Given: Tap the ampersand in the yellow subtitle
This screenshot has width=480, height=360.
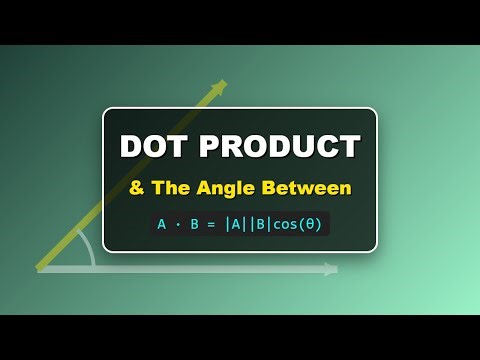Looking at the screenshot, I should [x=135, y=188].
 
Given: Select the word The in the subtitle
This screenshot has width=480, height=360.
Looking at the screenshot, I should [x=169, y=188].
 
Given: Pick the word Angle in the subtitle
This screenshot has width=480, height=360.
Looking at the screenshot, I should [x=226, y=188].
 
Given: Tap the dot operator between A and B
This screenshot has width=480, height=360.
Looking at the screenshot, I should [x=179, y=224].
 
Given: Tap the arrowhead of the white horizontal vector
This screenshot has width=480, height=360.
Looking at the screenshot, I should [x=331, y=269].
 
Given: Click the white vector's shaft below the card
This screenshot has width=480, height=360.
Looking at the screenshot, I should [x=200, y=269].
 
